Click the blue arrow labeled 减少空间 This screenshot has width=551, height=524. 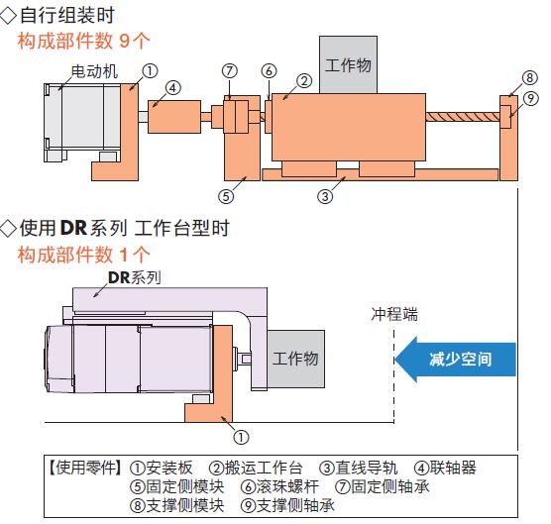(456, 360)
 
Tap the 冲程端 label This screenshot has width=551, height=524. (394, 314)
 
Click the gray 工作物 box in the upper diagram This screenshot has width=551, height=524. (348, 64)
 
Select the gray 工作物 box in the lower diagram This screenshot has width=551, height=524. (296, 359)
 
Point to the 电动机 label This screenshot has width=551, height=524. (94, 71)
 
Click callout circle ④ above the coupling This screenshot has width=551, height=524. (172, 88)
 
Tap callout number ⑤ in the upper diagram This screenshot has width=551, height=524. (226, 196)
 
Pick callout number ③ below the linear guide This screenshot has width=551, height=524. (325, 196)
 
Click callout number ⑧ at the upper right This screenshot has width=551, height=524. (530, 77)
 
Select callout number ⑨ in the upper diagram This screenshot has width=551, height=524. (530, 99)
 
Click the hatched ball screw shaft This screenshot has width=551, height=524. (463, 117)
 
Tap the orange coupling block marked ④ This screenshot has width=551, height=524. (174, 117)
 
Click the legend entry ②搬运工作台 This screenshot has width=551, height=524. (256, 468)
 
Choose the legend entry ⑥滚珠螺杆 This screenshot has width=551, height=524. (279, 486)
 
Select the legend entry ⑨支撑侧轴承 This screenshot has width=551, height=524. (287, 506)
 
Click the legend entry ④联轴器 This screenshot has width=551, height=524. (445, 468)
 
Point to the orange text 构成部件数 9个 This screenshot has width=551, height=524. (83, 41)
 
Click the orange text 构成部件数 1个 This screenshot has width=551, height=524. (83, 255)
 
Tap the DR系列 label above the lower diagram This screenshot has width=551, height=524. (134, 277)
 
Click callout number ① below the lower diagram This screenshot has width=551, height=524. (241, 437)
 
